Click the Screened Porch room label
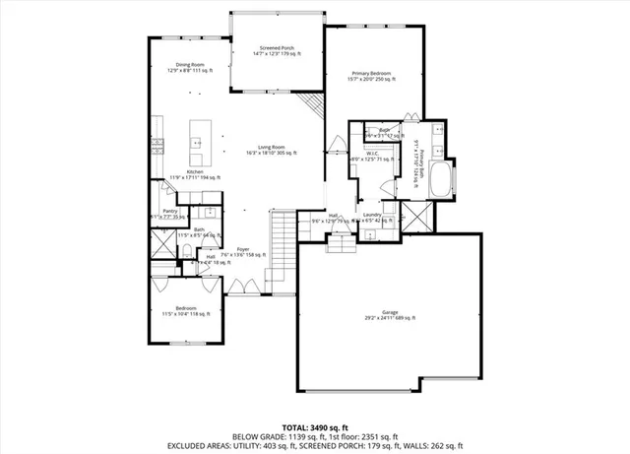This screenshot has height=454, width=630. pyautogui.click(x=277, y=50)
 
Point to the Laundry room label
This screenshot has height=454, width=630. pyautogui.click(x=372, y=218)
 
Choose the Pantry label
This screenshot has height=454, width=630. pyautogui.click(x=170, y=213)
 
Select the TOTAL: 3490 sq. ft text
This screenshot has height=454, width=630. pyautogui.click(x=315, y=426)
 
